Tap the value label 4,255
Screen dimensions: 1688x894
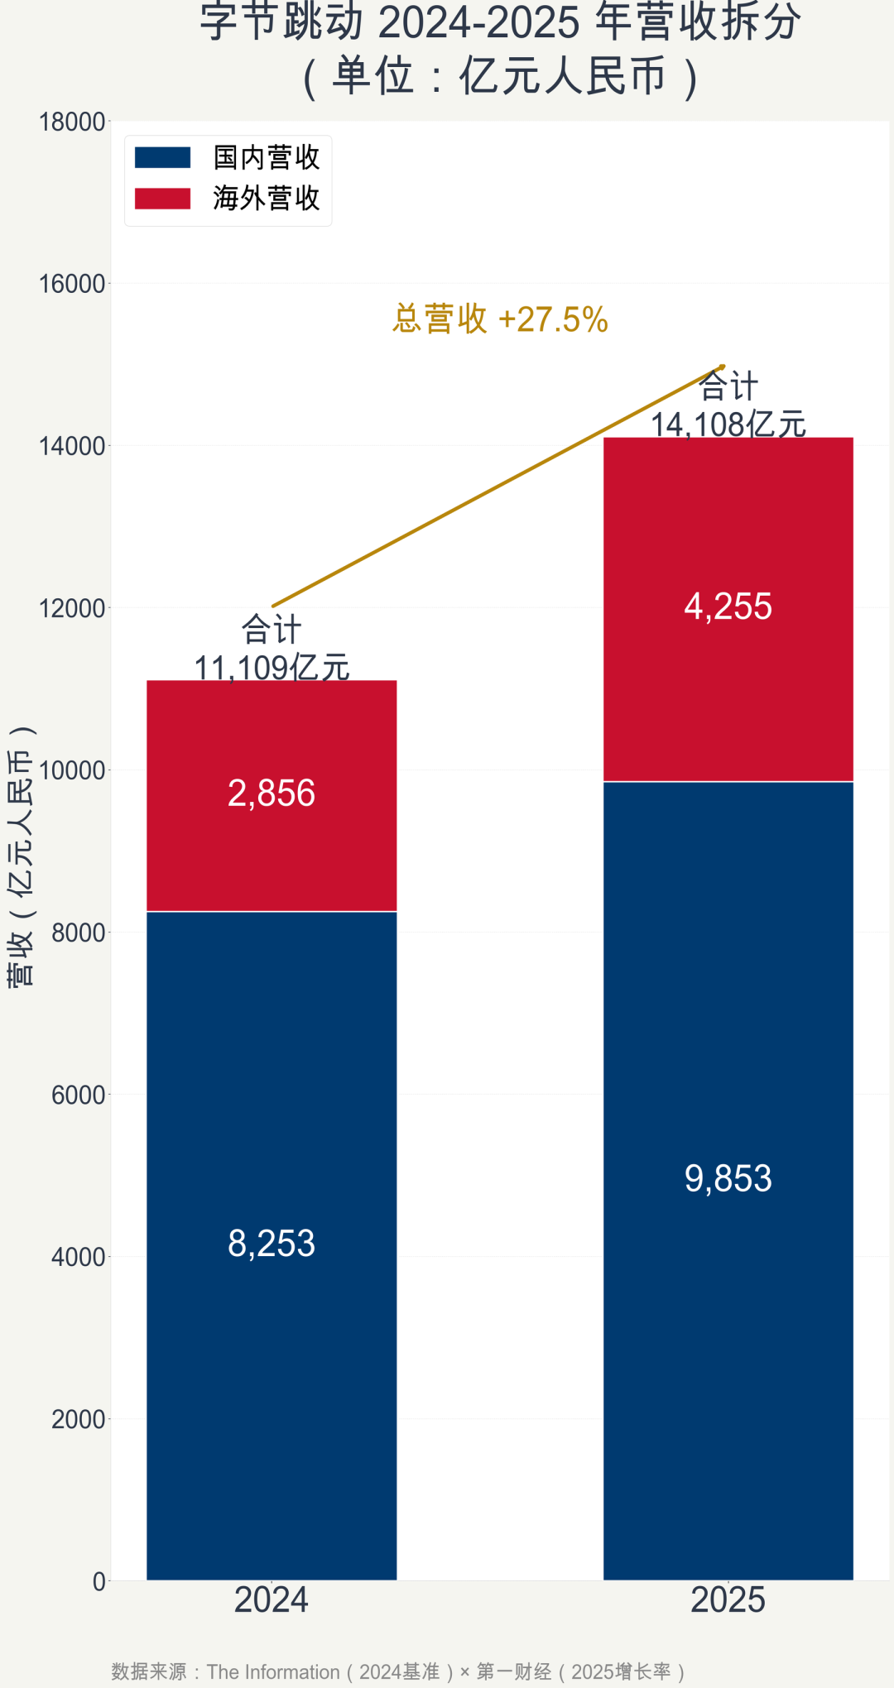point(728,607)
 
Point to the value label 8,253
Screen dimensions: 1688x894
point(272,1244)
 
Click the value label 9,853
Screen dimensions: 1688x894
point(728,1178)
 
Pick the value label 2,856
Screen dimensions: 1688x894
point(272,794)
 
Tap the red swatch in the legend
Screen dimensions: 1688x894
point(163,199)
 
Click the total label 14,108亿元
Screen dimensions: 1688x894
point(728,424)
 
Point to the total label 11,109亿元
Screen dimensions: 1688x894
point(272,667)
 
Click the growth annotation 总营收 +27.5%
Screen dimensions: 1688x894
point(500,319)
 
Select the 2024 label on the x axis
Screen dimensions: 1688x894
point(272,1599)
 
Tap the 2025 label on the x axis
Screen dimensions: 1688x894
point(728,1599)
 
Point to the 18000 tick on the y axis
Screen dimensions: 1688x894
point(72,122)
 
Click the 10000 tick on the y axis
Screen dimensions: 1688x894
point(72,770)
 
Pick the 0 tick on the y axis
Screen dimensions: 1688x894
point(99,1581)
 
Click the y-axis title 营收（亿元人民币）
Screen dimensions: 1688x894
point(21,856)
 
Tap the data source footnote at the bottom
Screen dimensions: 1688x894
point(398,1671)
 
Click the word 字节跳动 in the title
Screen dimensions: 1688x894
point(281,22)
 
